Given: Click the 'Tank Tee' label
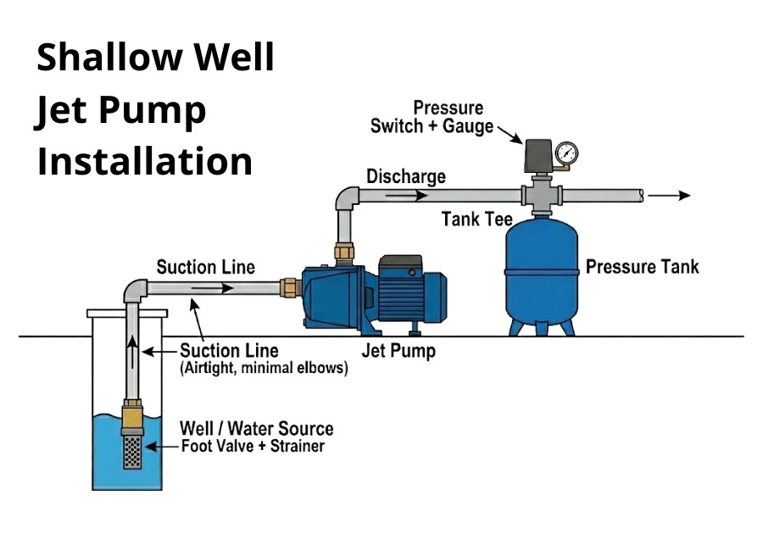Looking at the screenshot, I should tap(477, 220).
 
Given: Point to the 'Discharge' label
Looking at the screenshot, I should tap(405, 177).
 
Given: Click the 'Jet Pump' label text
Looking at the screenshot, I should tap(398, 350).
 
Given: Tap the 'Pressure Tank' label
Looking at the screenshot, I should tap(643, 267).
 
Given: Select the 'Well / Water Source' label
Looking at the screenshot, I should tap(256, 429).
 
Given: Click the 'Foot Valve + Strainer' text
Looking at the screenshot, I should tap(253, 447).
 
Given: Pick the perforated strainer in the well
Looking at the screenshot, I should tap(133, 452).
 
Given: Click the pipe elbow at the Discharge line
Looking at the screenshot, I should tap(347, 200).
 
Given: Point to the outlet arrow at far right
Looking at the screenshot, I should tap(673, 195).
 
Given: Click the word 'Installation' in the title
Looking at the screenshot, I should tap(144, 161).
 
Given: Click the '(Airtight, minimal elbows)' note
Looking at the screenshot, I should tap(263, 370).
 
